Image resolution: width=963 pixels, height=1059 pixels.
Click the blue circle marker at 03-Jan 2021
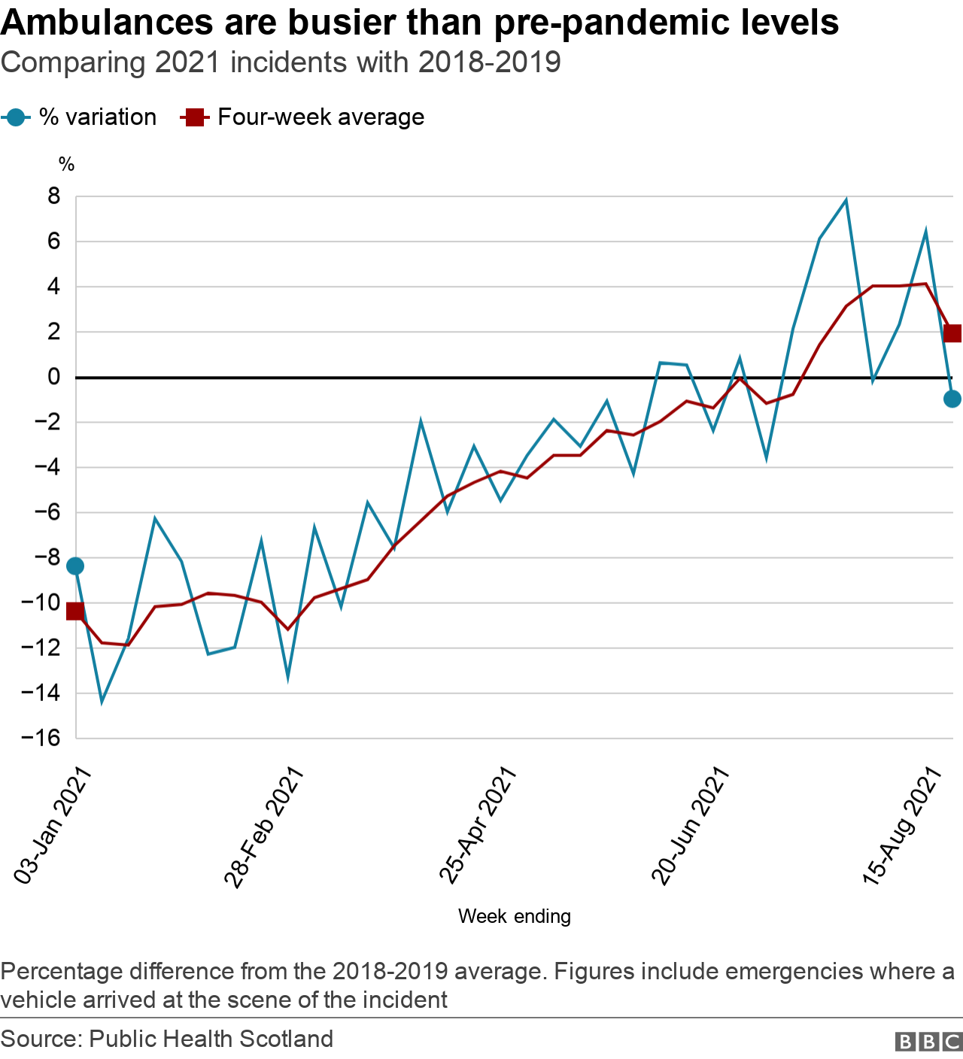(75, 566)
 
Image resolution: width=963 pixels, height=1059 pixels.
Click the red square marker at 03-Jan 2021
(75, 611)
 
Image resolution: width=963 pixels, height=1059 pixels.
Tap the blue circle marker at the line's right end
(952, 399)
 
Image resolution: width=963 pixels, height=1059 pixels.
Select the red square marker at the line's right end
(952, 333)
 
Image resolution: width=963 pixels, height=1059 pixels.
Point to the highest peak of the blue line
(846, 200)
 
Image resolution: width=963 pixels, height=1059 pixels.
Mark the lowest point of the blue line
(102, 702)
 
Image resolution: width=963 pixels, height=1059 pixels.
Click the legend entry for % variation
(80, 117)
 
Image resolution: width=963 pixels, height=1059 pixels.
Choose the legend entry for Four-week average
(302, 117)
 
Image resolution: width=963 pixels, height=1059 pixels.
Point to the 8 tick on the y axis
(53, 197)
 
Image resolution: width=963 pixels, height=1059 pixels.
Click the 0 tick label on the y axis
(53, 377)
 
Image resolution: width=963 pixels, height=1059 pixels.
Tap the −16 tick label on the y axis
(41, 738)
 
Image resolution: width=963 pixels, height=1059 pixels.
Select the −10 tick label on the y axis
(41, 602)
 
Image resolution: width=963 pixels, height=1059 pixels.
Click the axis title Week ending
(515, 916)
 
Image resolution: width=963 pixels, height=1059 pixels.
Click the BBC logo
(928, 1041)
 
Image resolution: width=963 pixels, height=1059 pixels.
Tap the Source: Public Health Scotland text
(167, 1039)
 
